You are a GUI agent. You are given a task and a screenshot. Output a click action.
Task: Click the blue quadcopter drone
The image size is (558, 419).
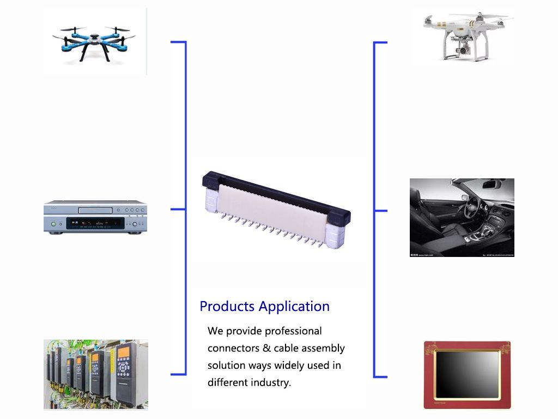[94, 43]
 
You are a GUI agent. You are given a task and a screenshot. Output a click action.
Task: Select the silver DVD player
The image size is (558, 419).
[95, 217]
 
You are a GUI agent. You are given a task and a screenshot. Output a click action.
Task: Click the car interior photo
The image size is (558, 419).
[462, 217]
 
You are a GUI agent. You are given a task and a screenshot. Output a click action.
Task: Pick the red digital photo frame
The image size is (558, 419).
[467, 375]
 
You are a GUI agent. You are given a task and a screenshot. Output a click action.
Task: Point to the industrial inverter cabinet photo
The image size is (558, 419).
[96, 374]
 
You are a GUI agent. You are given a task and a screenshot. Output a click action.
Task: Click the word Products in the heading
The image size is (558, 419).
[227, 307]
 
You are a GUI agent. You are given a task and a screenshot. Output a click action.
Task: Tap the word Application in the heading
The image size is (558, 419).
[294, 307]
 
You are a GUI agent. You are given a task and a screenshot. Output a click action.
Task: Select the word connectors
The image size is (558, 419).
[233, 348]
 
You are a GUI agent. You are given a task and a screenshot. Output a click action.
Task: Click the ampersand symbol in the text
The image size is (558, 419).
[267, 348]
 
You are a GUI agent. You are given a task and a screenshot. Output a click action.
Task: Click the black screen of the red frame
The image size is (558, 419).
[467, 374]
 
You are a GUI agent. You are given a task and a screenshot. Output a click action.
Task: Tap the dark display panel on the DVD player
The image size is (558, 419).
[95, 223]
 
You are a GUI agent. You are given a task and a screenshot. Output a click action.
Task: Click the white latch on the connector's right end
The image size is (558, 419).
[335, 235]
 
